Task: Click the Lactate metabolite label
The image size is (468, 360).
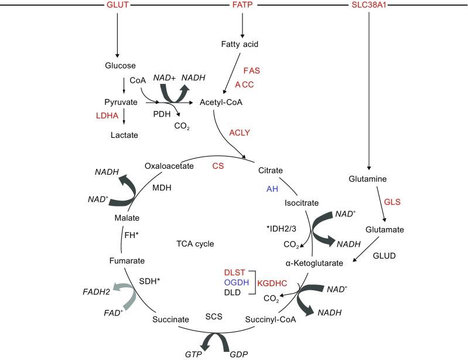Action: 124,135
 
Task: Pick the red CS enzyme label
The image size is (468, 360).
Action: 218,167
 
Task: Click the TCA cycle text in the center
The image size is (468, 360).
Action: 196,243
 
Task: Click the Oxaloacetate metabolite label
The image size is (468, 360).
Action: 170,167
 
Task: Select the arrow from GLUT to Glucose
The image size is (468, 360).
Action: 118,35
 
